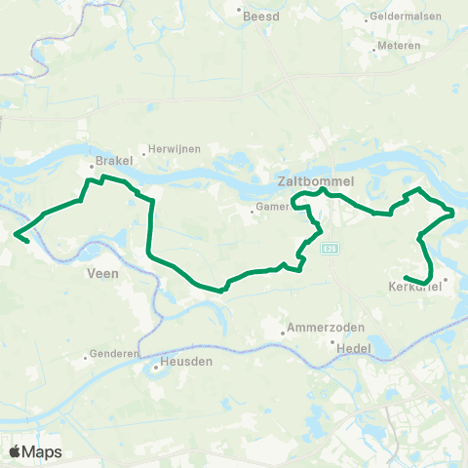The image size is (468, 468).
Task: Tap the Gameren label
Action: tap(273, 209)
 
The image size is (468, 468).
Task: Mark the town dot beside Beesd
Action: tap(241, 14)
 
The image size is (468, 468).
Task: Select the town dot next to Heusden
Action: tap(157, 370)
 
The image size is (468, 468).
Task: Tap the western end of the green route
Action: tap(16, 233)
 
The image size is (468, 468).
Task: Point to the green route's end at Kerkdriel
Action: tap(405, 278)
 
